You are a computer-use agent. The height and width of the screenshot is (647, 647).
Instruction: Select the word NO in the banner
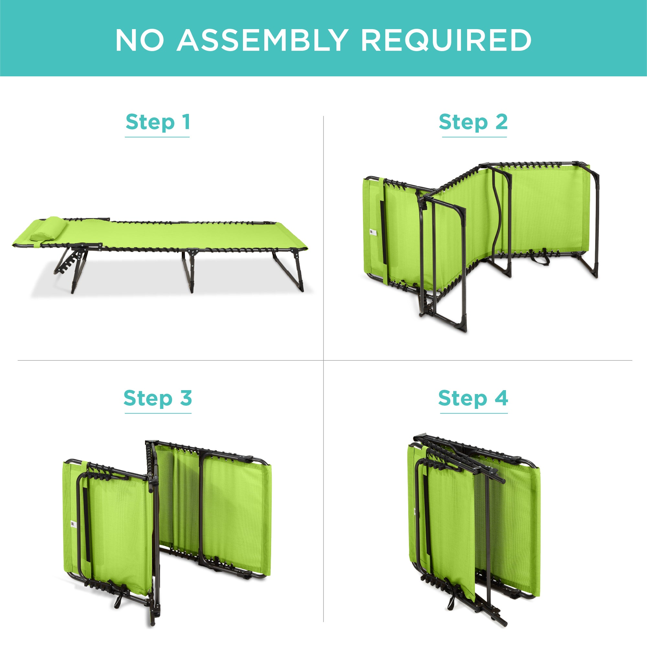pos(140,40)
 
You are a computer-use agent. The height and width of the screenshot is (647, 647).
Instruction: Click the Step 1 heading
pos(158,122)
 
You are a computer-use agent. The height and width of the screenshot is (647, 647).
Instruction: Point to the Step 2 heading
pos(473,122)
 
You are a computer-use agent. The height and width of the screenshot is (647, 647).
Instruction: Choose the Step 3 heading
pos(158,399)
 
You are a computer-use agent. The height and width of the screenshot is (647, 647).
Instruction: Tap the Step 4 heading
pos(473,399)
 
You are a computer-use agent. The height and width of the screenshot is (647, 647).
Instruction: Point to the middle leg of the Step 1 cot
pos(188,270)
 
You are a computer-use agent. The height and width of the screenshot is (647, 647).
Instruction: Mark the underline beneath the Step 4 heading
pos(474,413)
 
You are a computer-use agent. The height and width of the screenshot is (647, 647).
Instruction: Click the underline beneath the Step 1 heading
pos(158,137)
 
